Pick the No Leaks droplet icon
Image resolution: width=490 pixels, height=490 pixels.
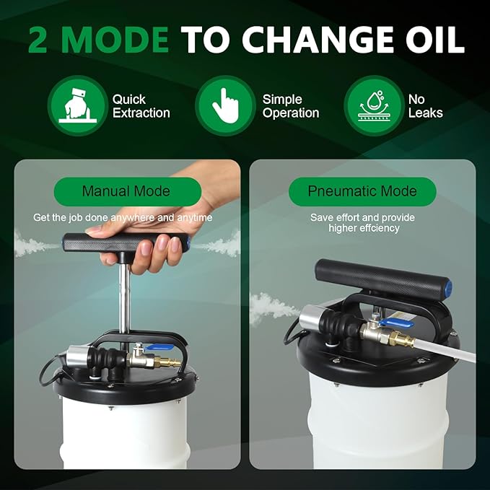click(x=373, y=105)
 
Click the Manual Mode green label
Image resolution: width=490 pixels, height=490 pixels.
click(x=126, y=191)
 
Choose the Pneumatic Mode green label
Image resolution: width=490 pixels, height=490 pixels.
click(x=362, y=191)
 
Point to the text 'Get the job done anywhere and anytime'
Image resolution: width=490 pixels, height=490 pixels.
click(x=123, y=217)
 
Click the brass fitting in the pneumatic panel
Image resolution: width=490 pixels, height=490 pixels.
click(x=401, y=338)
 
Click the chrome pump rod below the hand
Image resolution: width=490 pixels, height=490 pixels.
click(x=123, y=303)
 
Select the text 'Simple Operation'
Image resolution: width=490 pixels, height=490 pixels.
click(x=290, y=106)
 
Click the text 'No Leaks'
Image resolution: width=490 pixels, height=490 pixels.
click(x=425, y=106)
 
